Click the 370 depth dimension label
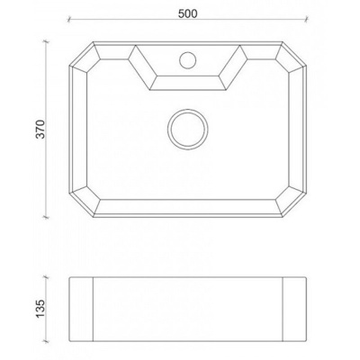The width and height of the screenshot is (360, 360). click(x=35, y=132)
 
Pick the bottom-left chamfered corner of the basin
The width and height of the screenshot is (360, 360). click(x=82, y=207)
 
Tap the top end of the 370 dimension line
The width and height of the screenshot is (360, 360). click(x=46, y=40)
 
